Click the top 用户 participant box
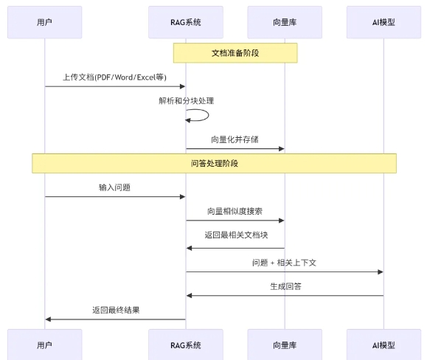coord(44,22)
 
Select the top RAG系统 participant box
coord(185,22)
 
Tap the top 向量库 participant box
coord(285,22)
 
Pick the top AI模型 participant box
coord(383,22)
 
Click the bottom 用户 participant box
coord(44,345)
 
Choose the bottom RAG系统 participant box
coord(185,345)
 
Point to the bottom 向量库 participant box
coord(285,345)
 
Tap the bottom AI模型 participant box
coord(383,345)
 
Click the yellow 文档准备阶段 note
coord(235,53)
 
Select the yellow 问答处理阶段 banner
coord(214,163)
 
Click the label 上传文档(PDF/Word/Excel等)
coord(114,77)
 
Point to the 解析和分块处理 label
coord(186,100)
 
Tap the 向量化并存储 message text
coord(235,139)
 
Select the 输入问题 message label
coord(114,187)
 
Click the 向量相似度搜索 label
coord(235,211)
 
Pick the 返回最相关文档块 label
coord(235,235)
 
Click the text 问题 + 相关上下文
coord(284,262)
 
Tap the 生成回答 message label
coord(285,285)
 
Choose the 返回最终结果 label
coord(115,310)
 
